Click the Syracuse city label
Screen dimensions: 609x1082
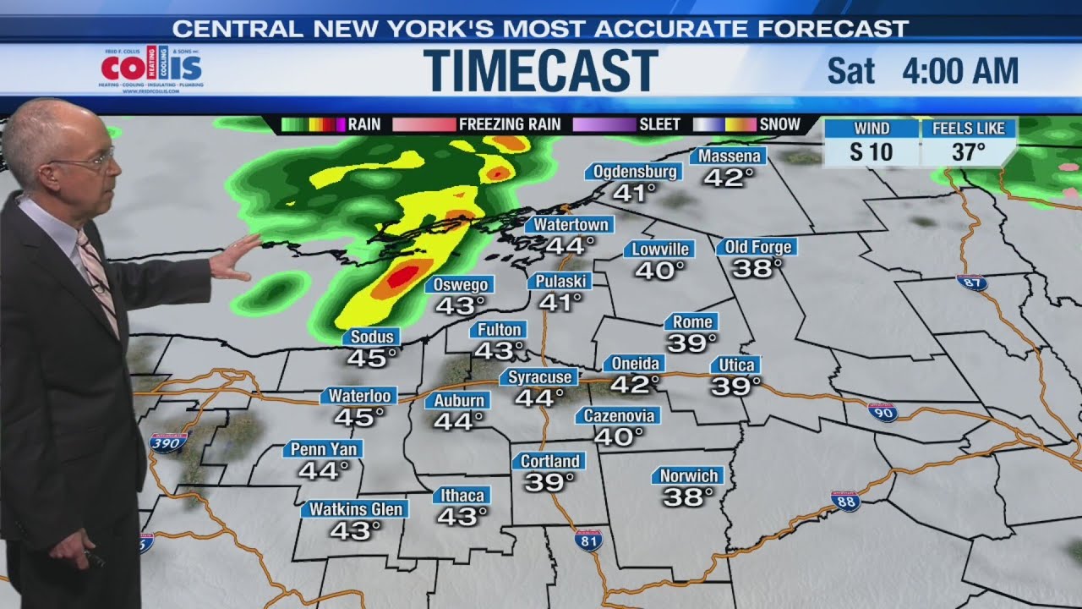(542, 377)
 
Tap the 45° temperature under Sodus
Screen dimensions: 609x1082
(372, 359)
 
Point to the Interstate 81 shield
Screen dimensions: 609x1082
(587, 540)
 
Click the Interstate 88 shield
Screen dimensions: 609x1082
(845, 501)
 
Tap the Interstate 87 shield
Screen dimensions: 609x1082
(972, 283)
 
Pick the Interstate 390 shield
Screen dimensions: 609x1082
(167, 442)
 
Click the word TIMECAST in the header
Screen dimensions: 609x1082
(540, 70)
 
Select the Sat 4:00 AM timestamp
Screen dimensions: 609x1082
(922, 72)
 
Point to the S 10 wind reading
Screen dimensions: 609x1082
(871, 153)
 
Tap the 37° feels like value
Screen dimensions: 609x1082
(968, 153)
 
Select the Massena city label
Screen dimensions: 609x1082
(728, 156)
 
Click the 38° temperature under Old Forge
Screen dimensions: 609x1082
(757, 269)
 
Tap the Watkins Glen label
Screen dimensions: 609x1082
(355, 509)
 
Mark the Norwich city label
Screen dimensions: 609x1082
(689, 476)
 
